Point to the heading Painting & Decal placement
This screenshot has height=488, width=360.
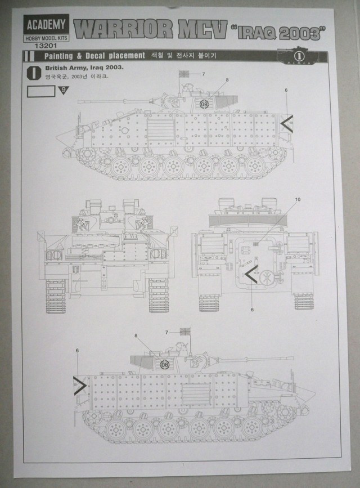(x=92, y=56)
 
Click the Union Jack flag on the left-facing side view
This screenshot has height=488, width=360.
(x=184, y=73)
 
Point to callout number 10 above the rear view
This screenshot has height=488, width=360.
(x=298, y=199)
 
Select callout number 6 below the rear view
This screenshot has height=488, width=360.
(x=252, y=309)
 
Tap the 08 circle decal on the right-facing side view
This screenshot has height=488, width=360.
(x=164, y=364)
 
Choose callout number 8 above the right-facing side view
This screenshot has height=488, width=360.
(x=136, y=335)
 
